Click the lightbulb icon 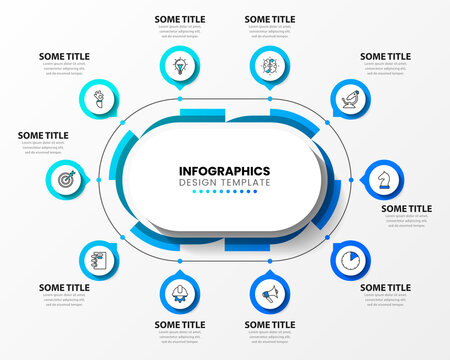point(180,66)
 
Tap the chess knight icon point(383,177)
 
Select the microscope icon point(350,99)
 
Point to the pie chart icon point(350,260)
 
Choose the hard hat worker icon point(180,293)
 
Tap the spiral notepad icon point(99,261)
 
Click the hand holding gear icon point(99,99)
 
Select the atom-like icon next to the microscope point(270,66)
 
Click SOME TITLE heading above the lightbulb point(180,19)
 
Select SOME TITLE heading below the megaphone point(270,325)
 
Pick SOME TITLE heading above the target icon point(44,135)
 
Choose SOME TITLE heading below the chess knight point(406,209)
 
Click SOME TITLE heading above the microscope point(385,57)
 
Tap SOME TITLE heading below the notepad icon point(65,288)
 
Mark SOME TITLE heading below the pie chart point(385,288)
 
